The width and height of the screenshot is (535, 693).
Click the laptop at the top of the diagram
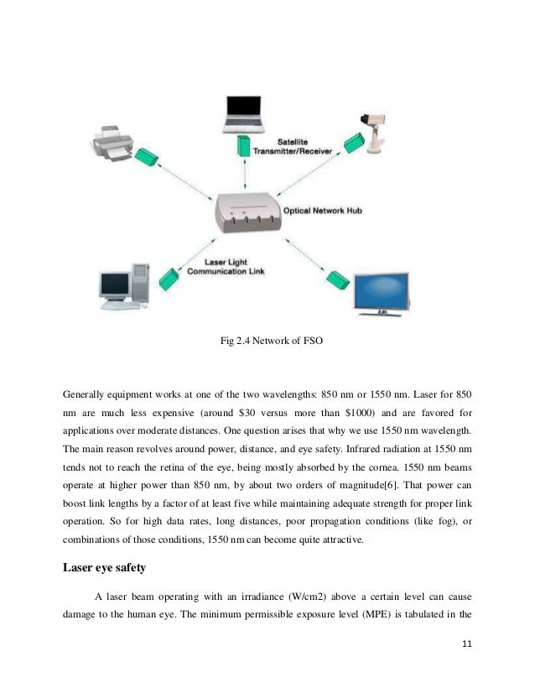(x=243, y=114)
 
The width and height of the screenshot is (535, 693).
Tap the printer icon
(x=112, y=143)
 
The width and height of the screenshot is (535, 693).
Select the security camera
(x=373, y=133)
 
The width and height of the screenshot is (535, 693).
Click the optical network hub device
(x=248, y=212)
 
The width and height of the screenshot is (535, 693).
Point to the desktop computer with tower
(x=124, y=286)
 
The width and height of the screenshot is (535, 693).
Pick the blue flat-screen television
(x=382, y=294)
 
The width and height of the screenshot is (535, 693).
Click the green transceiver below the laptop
(x=243, y=146)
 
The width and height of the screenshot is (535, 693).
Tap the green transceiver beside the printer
(x=146, y=158)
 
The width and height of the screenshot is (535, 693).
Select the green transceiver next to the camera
(x=354, y=143)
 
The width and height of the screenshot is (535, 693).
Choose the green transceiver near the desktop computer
(x=169, y=279)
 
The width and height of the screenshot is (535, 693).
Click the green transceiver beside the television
(x=338, y=279)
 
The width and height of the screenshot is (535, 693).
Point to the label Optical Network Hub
(x=323, y=211)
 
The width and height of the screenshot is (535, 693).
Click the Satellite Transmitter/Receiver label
(x=293, y=147)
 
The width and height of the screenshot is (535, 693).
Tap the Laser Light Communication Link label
(x=226, y=267)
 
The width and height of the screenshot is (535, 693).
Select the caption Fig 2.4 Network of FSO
(x=271, y=341)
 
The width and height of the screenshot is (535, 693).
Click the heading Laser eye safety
(x=104, y=567)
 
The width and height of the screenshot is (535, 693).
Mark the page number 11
(x=467, y=644)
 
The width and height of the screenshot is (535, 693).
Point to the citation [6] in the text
(x=391, y=485)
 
